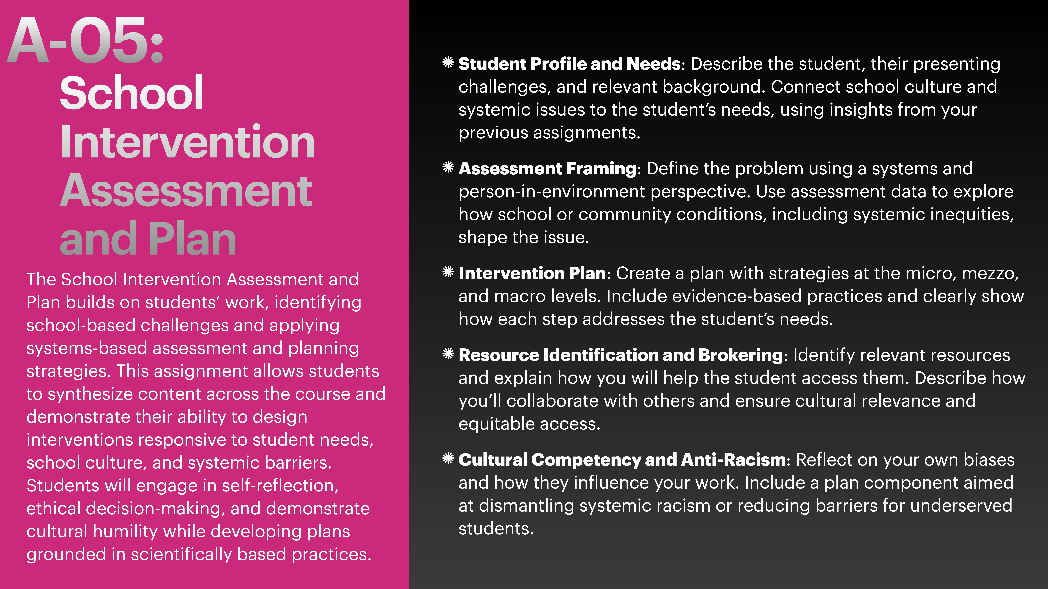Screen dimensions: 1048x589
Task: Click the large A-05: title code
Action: [x=85, y=41]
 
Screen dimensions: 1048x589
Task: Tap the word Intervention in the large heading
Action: [x=187, y=142]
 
